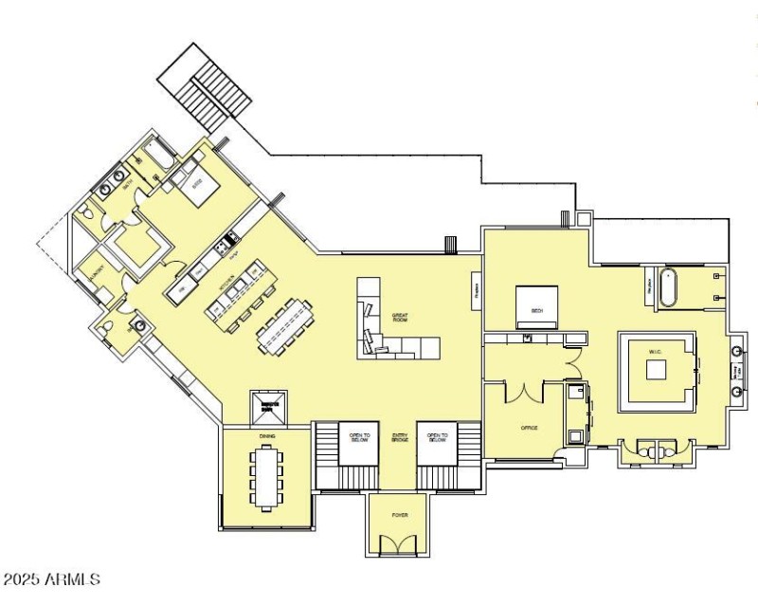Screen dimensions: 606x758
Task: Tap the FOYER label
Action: pyautogui.click(x=400, y=515)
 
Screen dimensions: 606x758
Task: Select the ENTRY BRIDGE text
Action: pyautogui.click(x=400, y=439)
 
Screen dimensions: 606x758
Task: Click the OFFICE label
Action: pyautogui.click(x=529, y=428)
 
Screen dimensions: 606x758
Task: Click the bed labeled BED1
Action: pyautogui.click(x=536, y=305)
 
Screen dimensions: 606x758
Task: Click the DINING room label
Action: pyautogui.click(x=266, y=436)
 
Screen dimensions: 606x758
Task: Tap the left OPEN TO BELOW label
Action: pyautogui.click(x=358, y=437)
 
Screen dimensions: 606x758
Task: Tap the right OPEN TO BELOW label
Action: pyautogui.click(x=436, y=437)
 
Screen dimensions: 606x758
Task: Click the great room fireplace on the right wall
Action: pyautogui.click(x=477, y=293)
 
